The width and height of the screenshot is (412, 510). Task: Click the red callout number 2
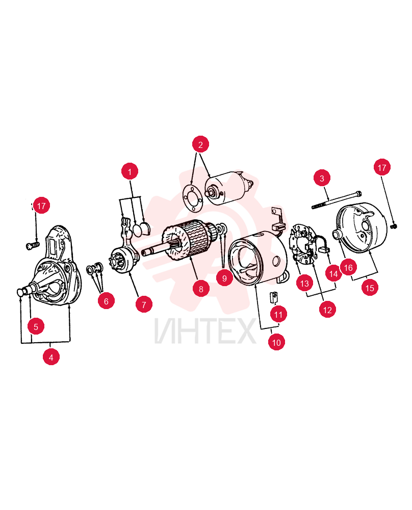point(200,144)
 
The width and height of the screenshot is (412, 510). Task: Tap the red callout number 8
point(201,289)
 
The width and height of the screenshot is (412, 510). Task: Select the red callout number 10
point(276,342)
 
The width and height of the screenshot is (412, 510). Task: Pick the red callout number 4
point(51,357)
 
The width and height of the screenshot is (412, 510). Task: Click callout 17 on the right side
point(382,167)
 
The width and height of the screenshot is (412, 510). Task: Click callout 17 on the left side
point(41,206)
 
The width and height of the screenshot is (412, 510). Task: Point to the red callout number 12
point(327,310)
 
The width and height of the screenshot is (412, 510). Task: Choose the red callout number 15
point(370,288)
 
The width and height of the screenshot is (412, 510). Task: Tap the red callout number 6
point(106,301)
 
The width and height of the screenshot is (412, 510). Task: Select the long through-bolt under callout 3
point(337,200)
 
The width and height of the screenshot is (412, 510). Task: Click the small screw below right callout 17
point(394,226)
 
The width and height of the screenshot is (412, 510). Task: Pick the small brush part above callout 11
point(274,297)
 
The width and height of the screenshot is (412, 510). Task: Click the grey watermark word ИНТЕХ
point(205,331)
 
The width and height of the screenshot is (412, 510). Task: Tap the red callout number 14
point(333,273)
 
